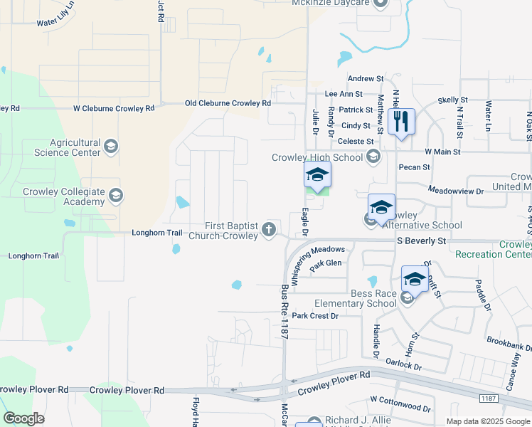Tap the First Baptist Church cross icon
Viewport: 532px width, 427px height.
269,229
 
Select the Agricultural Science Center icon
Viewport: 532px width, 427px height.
110,147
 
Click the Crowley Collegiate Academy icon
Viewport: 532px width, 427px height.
117,194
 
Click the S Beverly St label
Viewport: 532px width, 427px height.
422,241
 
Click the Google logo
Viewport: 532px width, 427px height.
23,418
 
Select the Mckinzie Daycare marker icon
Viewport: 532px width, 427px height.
379,3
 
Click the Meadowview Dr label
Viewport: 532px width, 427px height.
456,191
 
